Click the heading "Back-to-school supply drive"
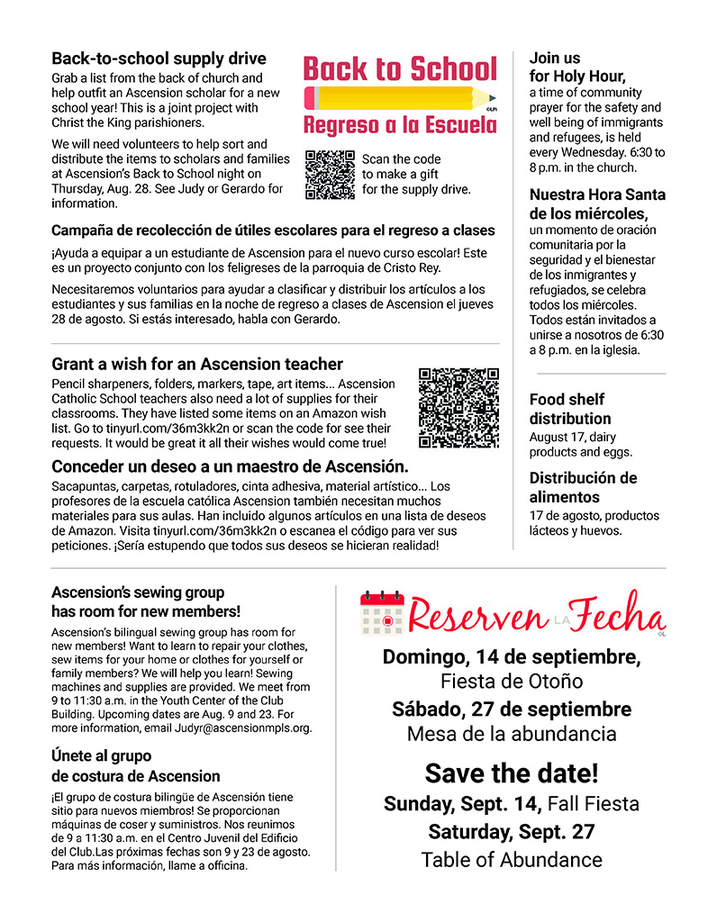[x=159, y=59]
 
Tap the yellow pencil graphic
[x=400, y=97]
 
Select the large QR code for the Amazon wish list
[x=458, y=408]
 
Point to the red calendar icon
[x=382, y=615]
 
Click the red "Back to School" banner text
[x=400, y=68]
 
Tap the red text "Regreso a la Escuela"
[x=400, y=124]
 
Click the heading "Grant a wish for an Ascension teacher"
[x=197, y=364]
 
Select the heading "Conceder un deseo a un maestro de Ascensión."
[x=230, y=466]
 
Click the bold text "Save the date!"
[x=512, y=773]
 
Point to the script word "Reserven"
[x=477, y=617]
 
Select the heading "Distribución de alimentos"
[x=583, y=487]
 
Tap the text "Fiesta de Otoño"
[x=512, y=681]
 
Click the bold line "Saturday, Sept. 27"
[x=512, y=831]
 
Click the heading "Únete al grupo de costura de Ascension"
[x=136, y=765]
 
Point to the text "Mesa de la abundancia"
[x=512, y=734]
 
